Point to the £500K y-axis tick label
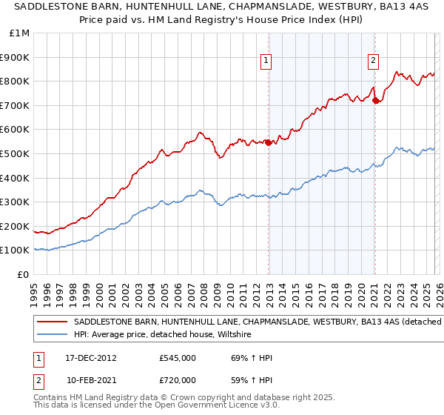click(16, 154)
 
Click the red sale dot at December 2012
click(268, 143)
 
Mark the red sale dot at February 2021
click(375, 101)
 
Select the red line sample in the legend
click(52, 322)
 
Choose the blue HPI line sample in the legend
click(52, 334)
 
